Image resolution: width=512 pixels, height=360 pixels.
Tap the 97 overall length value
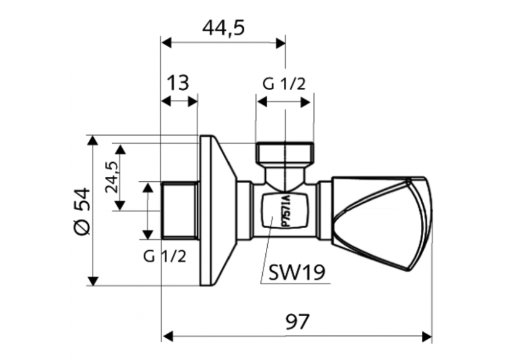(297, 321)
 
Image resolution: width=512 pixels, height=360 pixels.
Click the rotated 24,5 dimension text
(111, 178)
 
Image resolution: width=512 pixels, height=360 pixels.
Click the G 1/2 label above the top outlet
(284, 84)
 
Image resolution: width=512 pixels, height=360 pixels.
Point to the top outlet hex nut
(284, 152)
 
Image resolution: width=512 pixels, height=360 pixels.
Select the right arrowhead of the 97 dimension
(426, 337)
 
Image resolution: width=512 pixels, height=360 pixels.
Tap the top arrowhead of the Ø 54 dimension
(93, 141)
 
